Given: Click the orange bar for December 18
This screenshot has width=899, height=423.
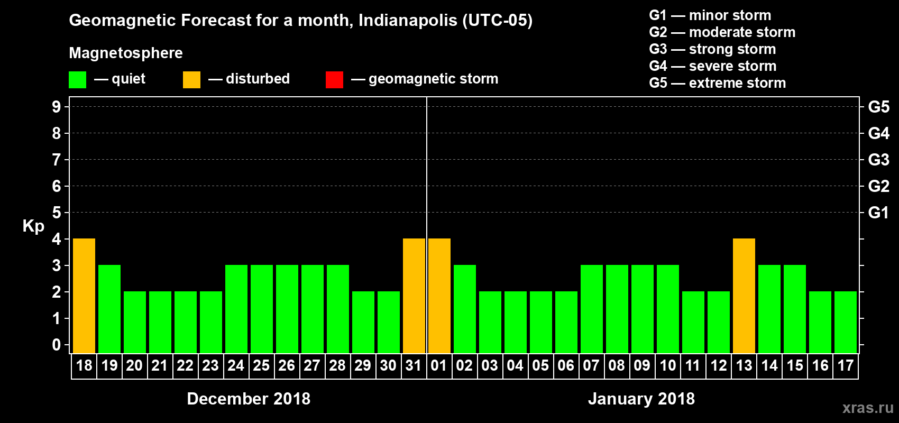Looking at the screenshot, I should point(84,296).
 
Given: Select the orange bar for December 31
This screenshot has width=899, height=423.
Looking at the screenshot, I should point(414,296).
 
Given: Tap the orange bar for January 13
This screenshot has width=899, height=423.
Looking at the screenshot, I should point(744,296).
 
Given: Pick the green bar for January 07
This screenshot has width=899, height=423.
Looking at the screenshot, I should point(592,309).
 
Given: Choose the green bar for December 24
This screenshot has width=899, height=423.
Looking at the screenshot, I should point(236,309).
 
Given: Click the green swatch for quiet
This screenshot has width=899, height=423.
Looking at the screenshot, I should point(78,80).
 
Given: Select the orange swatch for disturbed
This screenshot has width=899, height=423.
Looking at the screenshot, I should point(191,80).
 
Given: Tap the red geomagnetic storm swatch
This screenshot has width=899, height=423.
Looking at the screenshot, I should point(334,80).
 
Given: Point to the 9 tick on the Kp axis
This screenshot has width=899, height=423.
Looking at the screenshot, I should point(57,107).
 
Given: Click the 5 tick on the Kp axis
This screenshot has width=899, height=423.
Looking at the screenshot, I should point(57,213).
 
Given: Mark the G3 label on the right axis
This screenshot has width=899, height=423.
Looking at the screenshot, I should point(878,160).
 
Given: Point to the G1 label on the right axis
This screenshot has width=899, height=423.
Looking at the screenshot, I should point(878,213).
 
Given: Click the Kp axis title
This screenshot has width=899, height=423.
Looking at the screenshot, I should point(33,226).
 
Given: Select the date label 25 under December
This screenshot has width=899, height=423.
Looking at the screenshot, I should point(261,366).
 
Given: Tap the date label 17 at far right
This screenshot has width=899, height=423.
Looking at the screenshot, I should point(845,366).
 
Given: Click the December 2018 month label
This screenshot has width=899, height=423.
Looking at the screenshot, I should point(249,399).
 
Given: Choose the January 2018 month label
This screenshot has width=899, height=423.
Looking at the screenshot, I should point(641,399).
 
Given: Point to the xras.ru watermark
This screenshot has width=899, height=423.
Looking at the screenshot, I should point(868,408).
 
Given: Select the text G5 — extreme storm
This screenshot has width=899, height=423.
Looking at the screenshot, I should point(718,83).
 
